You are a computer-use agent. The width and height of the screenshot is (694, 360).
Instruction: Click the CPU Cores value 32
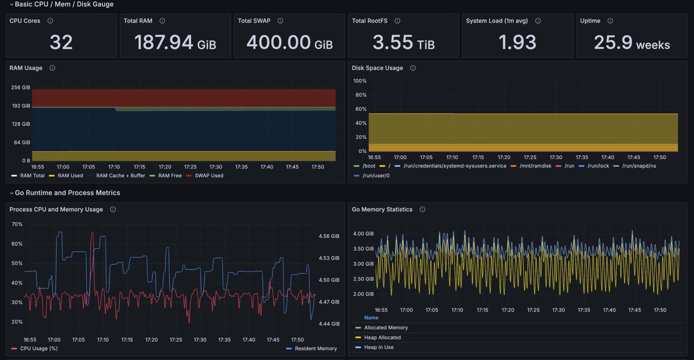click(61, 42)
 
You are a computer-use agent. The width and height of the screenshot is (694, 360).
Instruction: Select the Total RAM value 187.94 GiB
click(175, 42)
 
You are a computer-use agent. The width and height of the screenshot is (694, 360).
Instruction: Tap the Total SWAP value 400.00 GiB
click(290, 42)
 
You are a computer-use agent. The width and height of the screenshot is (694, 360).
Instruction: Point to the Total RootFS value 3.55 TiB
click(403, 42)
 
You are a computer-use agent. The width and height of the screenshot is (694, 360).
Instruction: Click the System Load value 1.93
click(517, 42)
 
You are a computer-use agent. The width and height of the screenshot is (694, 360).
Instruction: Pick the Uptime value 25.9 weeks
click(632, 42)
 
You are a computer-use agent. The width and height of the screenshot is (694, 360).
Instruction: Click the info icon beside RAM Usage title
click(53, 68)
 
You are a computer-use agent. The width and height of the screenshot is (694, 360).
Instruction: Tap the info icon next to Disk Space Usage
click(413, 68)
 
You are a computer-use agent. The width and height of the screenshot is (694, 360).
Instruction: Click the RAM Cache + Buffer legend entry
click(117, 176)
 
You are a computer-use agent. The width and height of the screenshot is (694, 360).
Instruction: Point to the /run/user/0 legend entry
click(371, 176)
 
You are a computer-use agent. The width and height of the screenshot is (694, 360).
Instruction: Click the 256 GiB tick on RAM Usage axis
click(21, 87)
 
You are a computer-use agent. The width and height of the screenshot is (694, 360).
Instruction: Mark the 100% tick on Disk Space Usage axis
click(359, 81)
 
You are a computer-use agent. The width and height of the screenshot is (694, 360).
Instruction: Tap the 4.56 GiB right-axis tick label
click(329, 236)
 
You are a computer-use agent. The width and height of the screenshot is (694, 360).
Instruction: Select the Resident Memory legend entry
click(311, 349)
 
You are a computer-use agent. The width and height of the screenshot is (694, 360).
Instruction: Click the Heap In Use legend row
click(374, 348)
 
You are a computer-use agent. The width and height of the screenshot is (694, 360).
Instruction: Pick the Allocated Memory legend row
click(381, 327)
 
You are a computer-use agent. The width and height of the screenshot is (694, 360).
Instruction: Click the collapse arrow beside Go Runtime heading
click(11, 193)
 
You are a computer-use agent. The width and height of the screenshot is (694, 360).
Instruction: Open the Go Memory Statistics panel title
click(382, 209)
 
